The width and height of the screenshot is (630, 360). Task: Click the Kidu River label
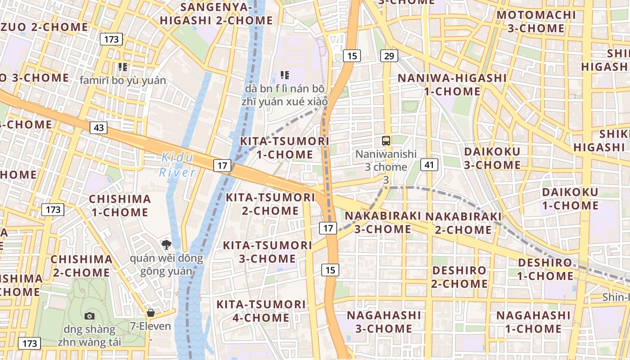click(x=177, y=165)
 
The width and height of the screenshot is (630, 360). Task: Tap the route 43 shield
click(x=99, y=128)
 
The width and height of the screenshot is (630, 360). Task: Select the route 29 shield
click(x=389, y=56)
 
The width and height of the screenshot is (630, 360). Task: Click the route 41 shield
click(x=429, y=165)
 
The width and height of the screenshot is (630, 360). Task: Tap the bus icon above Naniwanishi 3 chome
click(x=386, y=140)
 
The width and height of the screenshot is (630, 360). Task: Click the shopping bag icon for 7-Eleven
click(x=150, y=312)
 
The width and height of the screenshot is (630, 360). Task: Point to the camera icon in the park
click(x=89, y=316)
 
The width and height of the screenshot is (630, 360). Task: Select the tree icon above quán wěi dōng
click(x=166, y=245)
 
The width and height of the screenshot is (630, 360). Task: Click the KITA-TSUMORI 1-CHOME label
click(x=284, y=148)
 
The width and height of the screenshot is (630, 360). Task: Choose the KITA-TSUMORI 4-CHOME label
click(x=261, y=311)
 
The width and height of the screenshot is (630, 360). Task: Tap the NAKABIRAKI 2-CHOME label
click(x=463, y=223)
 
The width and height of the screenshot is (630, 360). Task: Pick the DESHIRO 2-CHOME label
click(x=459, y=277)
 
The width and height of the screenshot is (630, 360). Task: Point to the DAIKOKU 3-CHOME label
click(x=492, y=158)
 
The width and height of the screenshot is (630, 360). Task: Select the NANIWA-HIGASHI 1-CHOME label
click(x=452, y=84)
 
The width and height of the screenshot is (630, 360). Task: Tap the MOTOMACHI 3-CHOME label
click(x=536, y=21)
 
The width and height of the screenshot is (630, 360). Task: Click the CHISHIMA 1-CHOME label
click(x=120, y=205)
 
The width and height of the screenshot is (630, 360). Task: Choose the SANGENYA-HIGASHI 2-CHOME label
click(x=216, y=13)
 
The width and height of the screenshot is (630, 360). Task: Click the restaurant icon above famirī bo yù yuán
click(x=122, y=67)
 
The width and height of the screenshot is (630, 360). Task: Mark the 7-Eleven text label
click(x=150, y=326)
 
